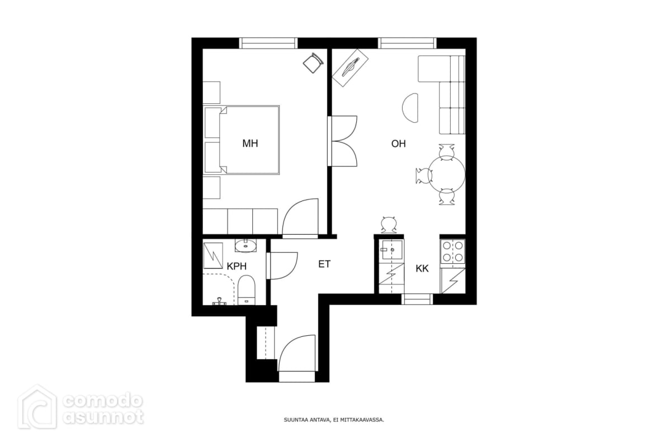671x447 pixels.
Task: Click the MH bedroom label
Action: (250, 144)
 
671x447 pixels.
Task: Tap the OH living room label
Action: (398, 144)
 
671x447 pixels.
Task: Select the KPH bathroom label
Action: (237, 266)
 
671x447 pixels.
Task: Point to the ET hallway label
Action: (324, 264)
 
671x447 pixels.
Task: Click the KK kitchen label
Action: (422, 269)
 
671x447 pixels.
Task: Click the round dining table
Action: (447, 174)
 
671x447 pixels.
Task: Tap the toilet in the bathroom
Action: (246, 290)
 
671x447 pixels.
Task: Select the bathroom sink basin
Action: (245, 246)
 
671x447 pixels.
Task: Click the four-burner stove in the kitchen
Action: (452, 251)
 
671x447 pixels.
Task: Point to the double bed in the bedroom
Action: (242, 140)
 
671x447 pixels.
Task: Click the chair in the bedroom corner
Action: (313, 63)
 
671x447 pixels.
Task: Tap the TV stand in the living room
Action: (351, 68)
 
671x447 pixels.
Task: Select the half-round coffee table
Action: (410, 108)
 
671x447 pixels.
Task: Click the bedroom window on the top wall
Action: (268, 43)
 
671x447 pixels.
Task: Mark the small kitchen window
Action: (417, 299)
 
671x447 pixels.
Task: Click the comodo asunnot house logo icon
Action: (37, 407)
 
